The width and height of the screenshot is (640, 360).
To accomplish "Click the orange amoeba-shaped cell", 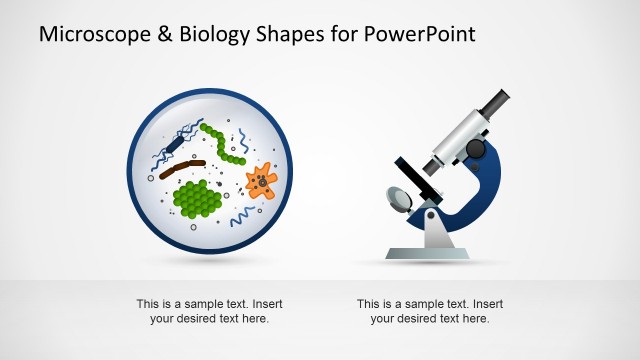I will click(x=262, y=181).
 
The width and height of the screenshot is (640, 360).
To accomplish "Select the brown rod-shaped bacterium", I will click(x=181, y=164).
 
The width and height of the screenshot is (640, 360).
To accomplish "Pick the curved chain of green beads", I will click(x=226, y=144).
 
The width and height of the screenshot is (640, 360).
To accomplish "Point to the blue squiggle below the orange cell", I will click(x=242, y=216).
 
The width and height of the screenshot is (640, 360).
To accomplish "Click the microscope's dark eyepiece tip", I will click(x=498, y=101).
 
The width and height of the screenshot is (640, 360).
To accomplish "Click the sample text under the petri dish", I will click(x=208, y=311).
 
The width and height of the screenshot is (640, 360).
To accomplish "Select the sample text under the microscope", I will click(x=429, y=311).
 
